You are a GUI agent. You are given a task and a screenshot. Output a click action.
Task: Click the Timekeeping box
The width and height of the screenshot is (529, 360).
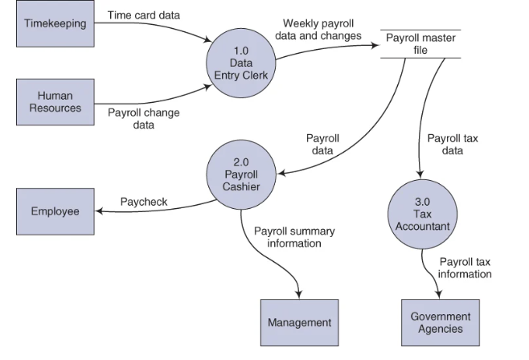pyautogui.click(x=55, y=24)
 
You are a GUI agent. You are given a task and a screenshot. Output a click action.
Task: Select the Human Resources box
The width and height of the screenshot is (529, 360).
pyautogui.click(x=55, y=101)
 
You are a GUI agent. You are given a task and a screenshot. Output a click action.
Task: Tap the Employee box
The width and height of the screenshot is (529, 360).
pyautogui.click(x=55, y=211)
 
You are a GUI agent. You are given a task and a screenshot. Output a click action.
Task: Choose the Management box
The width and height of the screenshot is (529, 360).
pyautogui.click(x=300, y=322)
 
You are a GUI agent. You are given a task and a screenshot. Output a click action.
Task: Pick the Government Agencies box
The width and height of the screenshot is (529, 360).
pyautogui.click(x=440, y=322)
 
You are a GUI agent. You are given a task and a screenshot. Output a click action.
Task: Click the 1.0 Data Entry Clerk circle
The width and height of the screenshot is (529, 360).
pyautogui.click(x=241, y=63)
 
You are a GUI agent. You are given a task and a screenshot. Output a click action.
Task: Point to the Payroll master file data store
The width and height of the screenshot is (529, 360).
pyautogui.click(x=420, y=44)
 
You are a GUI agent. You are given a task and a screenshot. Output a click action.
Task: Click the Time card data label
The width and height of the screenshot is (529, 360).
pyautogui.click(x=143, y=15)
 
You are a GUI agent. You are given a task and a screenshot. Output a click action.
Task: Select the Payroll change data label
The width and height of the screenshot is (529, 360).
pyautogui.click(x=143, y=118)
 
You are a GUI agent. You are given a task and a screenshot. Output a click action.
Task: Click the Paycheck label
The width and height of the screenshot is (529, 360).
pyautogui.click(x=144, y=202)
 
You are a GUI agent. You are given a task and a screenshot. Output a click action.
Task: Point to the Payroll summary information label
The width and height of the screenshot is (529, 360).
pyautogui.click(x=294, y=237)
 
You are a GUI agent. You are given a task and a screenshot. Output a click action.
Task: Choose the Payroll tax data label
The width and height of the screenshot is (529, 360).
pyautogui.click(x=452, y=144)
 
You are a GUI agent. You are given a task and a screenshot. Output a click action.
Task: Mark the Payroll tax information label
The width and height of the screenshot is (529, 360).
pyautogui.click(x=465, y=268)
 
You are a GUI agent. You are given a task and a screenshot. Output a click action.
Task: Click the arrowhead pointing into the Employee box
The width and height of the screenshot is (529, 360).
pyautogui.click(x=98, y=212)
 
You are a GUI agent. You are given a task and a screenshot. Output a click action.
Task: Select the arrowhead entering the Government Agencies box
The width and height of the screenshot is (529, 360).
pyautogui.click(x=439, y=296)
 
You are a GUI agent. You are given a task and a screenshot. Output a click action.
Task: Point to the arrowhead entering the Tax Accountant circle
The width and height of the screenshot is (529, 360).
pyautogui.click(x=420, y=176)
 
